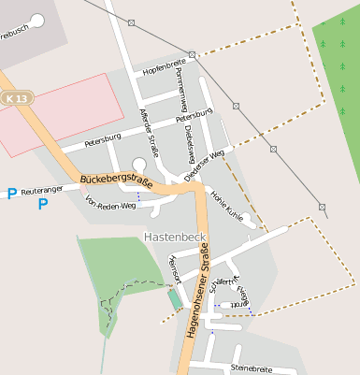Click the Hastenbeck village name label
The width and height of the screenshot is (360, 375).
(x=174, y=237)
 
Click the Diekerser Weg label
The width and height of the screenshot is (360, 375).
(x=204, y=165)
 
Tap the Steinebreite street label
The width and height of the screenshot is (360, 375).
(x=250, y=368)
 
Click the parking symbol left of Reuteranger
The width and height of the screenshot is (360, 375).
(x=11, y=194)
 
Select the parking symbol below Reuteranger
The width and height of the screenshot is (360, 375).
(x=43, y=204)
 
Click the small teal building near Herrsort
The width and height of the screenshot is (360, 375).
(x=175, y=299)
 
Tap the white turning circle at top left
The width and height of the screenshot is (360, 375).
(x=37, y=20)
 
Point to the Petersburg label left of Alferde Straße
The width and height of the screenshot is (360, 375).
(x=103, y=139)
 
